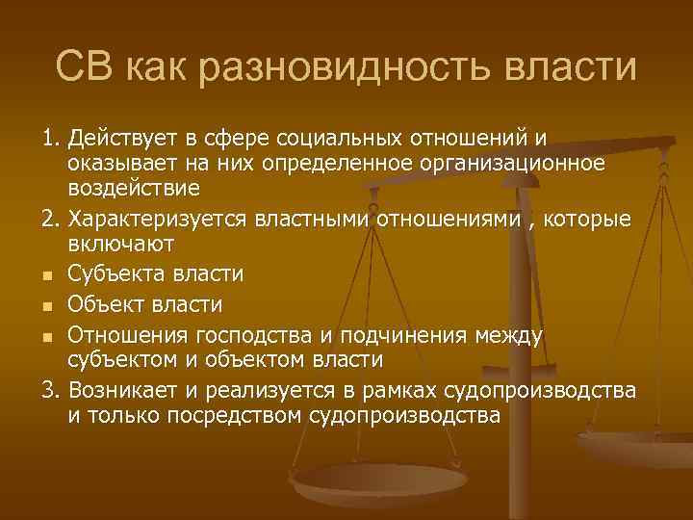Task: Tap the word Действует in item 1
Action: pos(119,140)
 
